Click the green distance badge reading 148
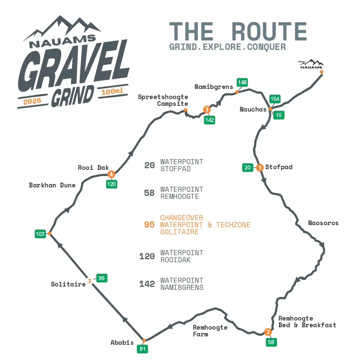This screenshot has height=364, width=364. [x=242, y=82]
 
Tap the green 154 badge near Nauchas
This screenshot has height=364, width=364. [x=275, y=99]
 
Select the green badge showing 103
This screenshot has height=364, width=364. [x=40, y=234]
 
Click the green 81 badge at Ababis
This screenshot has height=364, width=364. [x=142, y=349]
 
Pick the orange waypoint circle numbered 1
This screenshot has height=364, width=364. [x=260, y=168]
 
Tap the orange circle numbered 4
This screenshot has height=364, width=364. [x=111, y=174]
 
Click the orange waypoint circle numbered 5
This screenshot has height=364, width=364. [x=207, y=109]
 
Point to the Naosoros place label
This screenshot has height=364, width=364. [x=323, y=223]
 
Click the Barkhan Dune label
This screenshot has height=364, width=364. [x=52, y=185]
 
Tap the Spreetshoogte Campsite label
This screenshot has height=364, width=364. [x=163, y=100]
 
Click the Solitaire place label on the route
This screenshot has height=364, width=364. [x=68, y=284]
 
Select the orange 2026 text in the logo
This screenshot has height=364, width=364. [x=32, y=101]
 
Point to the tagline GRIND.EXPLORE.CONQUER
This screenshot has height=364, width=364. [x=227, y=47]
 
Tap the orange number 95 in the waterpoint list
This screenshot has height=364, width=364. [x=149, y=224]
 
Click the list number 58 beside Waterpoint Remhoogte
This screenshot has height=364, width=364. [x=149, y=193]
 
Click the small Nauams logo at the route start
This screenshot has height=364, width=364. [x=311, y=64]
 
